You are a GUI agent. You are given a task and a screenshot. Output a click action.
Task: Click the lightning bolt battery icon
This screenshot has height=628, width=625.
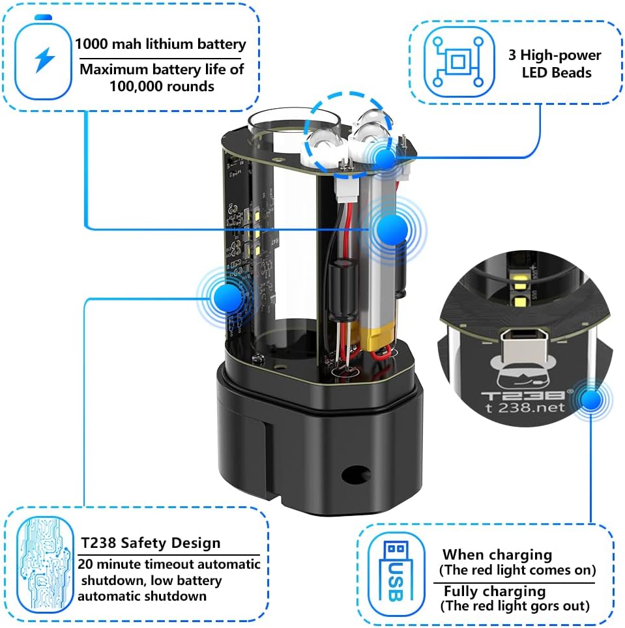(43, 57)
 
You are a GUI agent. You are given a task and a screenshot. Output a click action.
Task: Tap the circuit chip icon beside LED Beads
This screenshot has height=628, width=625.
(459, 61)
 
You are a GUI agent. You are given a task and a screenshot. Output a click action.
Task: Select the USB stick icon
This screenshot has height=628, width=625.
(396, 573)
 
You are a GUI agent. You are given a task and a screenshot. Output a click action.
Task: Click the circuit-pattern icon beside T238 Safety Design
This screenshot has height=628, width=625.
(45, 564)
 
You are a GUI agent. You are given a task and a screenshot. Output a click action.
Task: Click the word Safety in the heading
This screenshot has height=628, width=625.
(139, 543)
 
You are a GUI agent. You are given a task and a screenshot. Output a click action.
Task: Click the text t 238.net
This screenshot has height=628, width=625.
(525, 408)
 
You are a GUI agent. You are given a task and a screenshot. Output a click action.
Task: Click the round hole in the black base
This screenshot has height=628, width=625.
(356, 474)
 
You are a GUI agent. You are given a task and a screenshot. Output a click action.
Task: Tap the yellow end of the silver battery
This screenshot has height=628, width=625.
(378, 336)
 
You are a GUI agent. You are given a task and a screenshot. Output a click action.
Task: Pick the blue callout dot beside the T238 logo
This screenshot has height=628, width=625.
(591, 399)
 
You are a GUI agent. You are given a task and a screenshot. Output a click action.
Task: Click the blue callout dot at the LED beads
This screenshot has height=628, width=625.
(385, 159)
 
